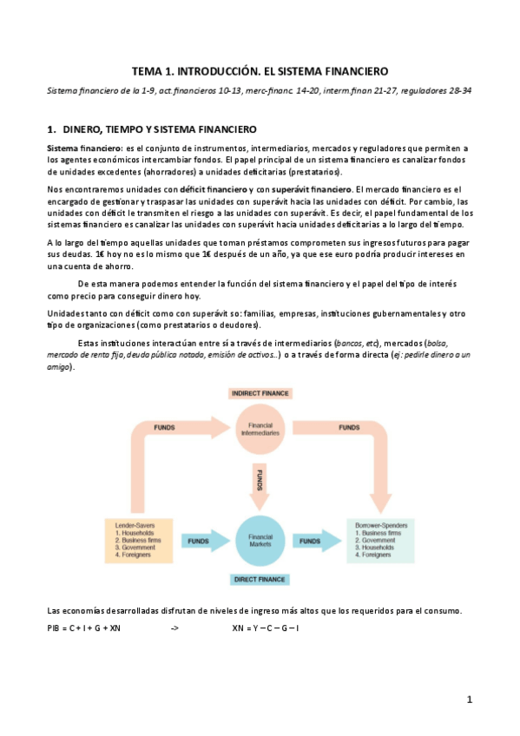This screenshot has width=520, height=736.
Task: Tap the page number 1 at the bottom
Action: click(x=469, y=700)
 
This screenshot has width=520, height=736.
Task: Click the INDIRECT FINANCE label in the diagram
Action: click(x=260, y=393)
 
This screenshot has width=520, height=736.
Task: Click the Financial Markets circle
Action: click(x=260, y=540)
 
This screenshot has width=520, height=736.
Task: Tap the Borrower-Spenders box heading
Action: click(x=385, y=525)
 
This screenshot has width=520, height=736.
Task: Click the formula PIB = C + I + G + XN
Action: click(x=84, y=627)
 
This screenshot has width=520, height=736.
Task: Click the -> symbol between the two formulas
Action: click(x=174, y=627)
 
